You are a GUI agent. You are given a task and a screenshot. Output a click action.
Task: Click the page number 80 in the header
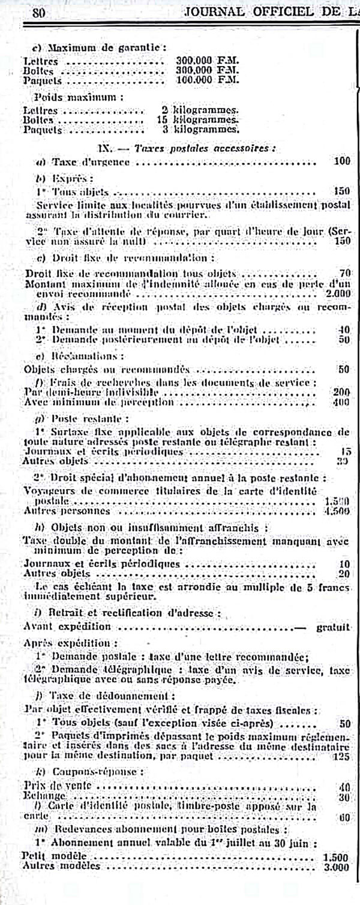point(41,12)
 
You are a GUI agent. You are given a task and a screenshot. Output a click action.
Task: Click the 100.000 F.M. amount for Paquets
point(207,79)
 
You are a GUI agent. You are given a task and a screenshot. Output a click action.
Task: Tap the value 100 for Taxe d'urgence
point(342,161)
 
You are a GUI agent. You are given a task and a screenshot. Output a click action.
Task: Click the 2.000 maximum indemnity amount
point(339,294)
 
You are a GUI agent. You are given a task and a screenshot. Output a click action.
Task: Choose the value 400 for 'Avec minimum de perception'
point(341,401)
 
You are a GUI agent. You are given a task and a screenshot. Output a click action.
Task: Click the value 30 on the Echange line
point(344,796)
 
